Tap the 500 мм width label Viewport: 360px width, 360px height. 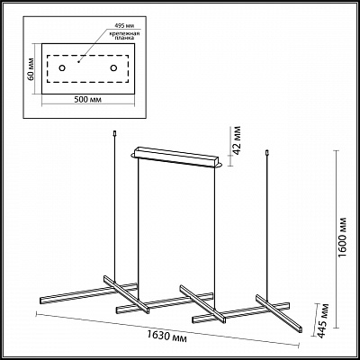[x=88, y=100]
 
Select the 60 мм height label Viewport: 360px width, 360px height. [x=31, y=69]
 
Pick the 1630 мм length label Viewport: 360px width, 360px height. [x=167, y=336]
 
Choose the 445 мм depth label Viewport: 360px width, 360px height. [x=323, y=321]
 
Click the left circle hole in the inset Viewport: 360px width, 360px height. [x=62, y=68]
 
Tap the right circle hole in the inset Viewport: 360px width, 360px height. [x=113, y=68]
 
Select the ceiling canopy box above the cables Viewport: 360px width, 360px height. [x=177, y=156]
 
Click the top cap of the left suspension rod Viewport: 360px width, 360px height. [x=114, y=133]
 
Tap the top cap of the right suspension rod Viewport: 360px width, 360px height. [x=266, y=153]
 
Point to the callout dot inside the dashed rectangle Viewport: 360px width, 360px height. [x=78, y=62]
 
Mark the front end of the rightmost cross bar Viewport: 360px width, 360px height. [x=301, y=329]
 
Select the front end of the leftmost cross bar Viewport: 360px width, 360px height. [x=147, y=310]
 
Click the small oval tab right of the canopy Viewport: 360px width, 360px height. [x=220, y=166]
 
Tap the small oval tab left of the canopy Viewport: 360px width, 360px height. [x=133, y=155]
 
